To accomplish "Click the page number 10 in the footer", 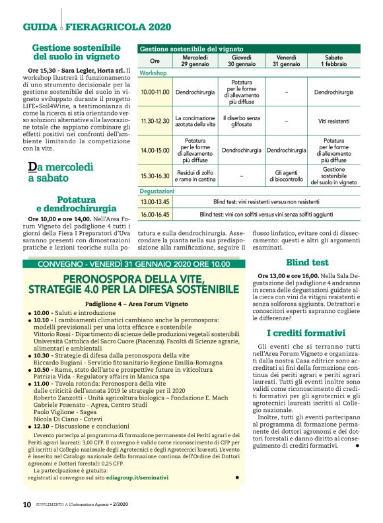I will point(27,504).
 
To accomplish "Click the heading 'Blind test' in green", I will point(307,261).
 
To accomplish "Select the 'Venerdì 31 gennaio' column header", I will point(285,61).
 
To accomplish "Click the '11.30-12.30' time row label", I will point(155,122).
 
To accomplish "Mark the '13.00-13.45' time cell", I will point(155,201).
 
